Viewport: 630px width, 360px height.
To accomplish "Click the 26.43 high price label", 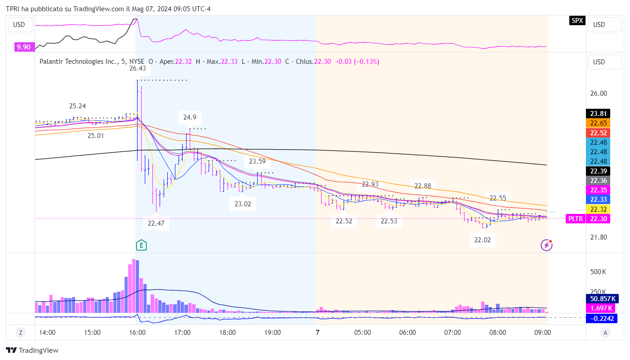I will [x=137, y=68].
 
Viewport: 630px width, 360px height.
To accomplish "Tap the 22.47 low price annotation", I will [x=156, y=223].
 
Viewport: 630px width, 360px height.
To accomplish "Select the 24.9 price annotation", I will [x=190, y=117].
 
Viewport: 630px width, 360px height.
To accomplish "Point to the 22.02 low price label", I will [x=483, y=240].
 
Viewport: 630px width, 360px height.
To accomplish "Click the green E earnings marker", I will [x=142, y=245].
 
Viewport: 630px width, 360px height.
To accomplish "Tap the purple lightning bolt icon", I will [x=546, y=245].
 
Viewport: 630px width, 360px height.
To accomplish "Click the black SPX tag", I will [x=577, y=20].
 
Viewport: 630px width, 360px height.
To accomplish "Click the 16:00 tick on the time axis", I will [x=137, y=333].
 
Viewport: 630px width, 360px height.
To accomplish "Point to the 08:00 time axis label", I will [x=498, y=333].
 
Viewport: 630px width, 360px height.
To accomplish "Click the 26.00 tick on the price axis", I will [x=599, y=93].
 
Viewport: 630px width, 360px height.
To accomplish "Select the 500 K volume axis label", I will [x=599, y=272].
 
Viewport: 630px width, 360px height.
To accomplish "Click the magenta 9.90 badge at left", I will [x=23, y=47].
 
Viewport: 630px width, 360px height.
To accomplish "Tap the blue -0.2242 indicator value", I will [x=602, y=319].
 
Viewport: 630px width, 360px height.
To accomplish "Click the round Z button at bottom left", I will [x=21, y=333].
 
